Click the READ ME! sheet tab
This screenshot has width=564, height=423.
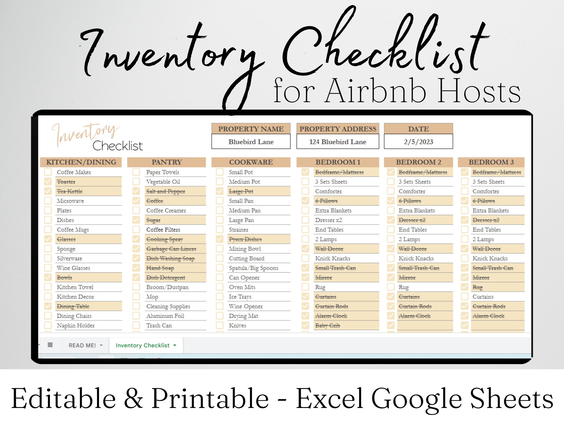(x=85, y=345)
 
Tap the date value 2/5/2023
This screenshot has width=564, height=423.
(x=418, y=142)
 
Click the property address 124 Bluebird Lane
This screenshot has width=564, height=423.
(x=338, y=142)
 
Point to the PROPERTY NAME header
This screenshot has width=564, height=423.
(x=251, y=129)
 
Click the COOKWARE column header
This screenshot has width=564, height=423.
(x=251, y=162)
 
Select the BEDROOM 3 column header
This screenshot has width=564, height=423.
(x=491, y=162)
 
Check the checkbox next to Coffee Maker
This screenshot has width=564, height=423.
(x=48, y=172)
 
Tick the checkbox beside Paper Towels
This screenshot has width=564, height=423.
(x=136, y=172)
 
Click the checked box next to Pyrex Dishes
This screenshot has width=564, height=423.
(x=220, y=239)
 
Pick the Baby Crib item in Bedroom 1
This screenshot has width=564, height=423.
(x=328, y=326)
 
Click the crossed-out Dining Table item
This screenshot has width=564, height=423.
(x=73, y=306)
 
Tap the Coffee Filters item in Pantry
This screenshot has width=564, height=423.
(x=163, y=230)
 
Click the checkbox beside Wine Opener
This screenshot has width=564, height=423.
(x=220, y=306)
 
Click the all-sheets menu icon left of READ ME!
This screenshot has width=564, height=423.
(x=50, y=345)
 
